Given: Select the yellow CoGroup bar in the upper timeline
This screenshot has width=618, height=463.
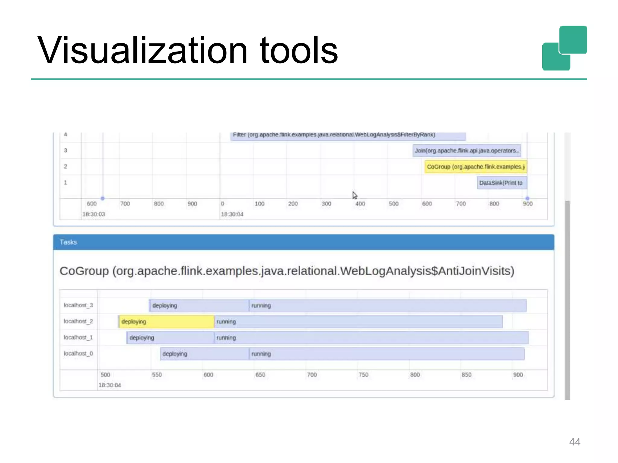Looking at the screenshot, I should point(476,167).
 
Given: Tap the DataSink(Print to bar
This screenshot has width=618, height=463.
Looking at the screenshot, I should point(502,183).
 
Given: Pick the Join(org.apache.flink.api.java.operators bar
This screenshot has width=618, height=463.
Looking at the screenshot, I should point(467,150).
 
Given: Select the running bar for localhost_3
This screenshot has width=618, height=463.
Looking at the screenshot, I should point(387,306).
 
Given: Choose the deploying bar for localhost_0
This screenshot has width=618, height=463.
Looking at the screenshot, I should point(205,354).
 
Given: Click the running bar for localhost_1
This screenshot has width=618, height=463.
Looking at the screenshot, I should point(371,338).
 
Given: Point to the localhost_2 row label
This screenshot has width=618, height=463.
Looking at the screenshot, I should point(78,321).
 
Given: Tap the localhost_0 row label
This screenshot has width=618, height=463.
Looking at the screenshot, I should point(78,353).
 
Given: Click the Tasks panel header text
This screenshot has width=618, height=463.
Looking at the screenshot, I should point(68,242).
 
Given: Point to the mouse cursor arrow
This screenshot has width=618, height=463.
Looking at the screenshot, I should point(355,195).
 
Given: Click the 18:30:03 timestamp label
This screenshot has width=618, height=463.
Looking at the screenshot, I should point(94,214).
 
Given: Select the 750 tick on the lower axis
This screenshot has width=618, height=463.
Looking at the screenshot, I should point(363,375).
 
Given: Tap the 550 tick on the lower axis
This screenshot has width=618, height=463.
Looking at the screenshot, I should point(157,375).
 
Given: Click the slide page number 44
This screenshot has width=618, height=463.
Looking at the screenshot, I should point(575,442).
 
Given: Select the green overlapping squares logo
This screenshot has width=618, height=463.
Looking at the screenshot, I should point(564,48).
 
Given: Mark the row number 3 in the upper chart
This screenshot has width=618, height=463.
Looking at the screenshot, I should point(65,150).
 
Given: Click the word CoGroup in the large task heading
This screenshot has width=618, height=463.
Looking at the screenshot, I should point(84,271).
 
